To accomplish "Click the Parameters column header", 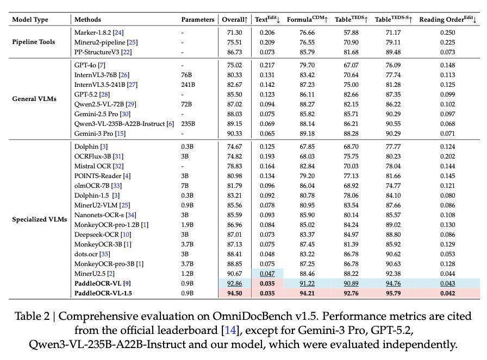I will [x=198, y=20].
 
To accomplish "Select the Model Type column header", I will [x=30, y=20].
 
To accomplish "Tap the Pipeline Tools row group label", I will [x=34, y=42].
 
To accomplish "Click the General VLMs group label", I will [x=34, y=99].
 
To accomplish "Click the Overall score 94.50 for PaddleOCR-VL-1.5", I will [x=234, y=293].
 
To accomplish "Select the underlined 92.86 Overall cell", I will [x=234, y=283].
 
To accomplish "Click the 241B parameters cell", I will [x=188, y=85].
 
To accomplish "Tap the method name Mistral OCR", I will [x=92, y=166].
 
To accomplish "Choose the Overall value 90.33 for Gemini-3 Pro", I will [x=234, y=134].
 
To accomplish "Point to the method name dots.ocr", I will [x=86, y=254].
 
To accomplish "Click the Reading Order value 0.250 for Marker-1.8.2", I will [x=447, y=33].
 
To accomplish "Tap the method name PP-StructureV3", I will [x=96, y=52].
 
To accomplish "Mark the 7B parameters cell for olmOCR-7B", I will [x=185, y=186].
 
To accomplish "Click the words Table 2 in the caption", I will [x=33, y=317].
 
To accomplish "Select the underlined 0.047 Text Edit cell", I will [x=266, y=274].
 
